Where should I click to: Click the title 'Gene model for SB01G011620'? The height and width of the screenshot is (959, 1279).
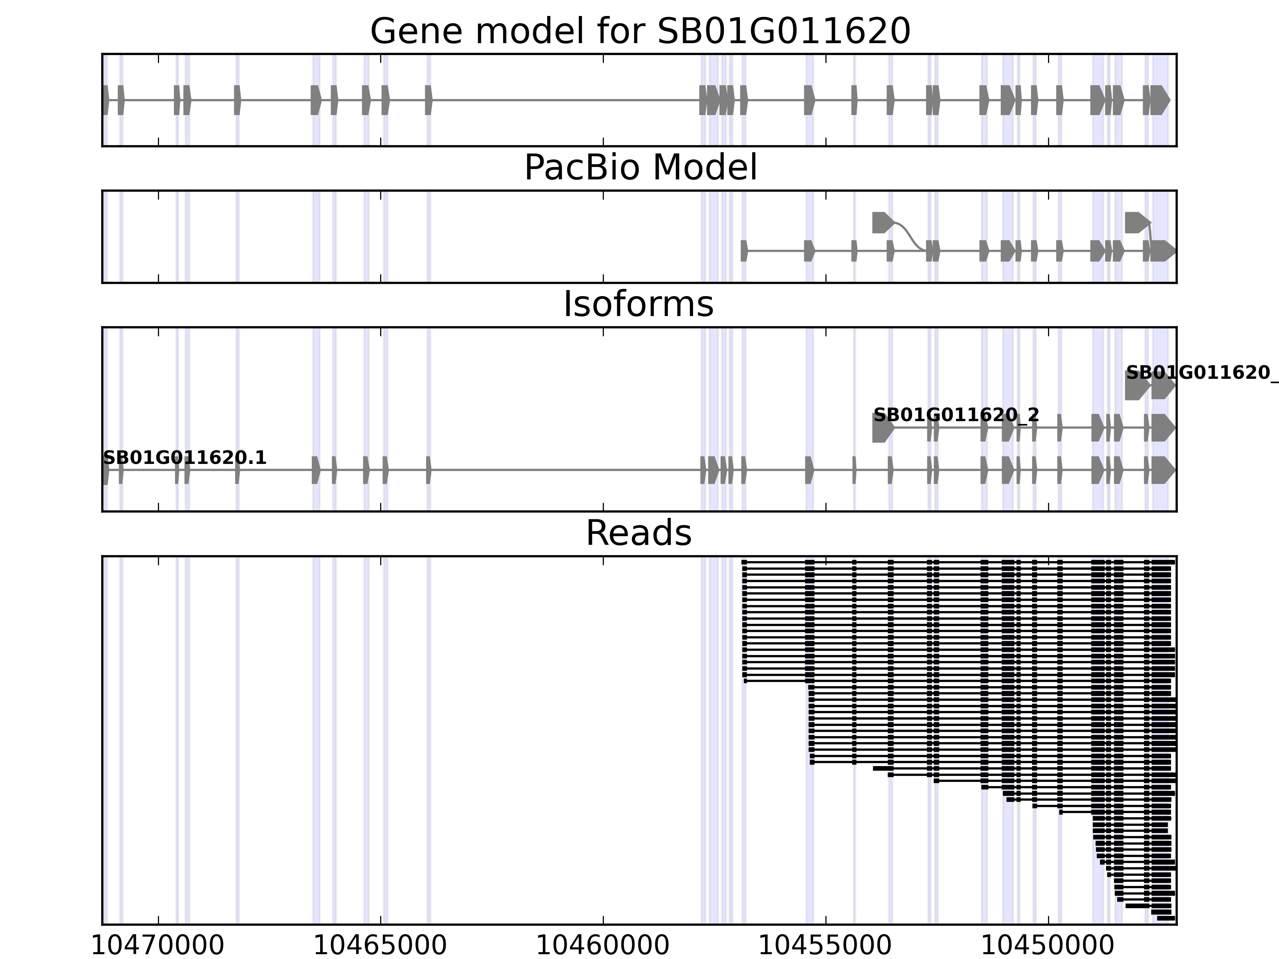click(x=640, y=31)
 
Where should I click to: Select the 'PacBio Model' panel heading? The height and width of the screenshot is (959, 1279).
click(x=640, y=168)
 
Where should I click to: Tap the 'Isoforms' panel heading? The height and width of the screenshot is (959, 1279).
click(x=638, y=304)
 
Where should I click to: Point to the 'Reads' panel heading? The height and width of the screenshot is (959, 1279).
click(x=638, y=533)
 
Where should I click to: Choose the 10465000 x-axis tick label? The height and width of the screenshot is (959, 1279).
click(x=380, y=946)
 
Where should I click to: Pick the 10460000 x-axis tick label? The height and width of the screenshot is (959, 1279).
click(x=602, y=946)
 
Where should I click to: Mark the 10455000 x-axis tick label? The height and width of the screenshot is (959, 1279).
click(x=825, y=946)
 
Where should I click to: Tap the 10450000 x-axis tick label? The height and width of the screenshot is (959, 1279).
click(x=1047, y=946)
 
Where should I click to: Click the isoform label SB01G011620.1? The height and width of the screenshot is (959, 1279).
click(x=184, y=458)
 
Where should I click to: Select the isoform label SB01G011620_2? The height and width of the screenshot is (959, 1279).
click(x=956, y=414)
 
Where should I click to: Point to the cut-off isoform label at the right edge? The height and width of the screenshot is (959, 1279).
click(x=1201, y=372)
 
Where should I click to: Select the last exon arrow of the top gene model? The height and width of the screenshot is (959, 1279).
click(x=1160, y=100)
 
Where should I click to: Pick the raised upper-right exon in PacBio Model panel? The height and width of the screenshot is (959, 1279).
click(x=1137, y=223)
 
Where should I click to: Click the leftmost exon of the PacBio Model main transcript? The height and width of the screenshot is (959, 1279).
click(x=743, y=251)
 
